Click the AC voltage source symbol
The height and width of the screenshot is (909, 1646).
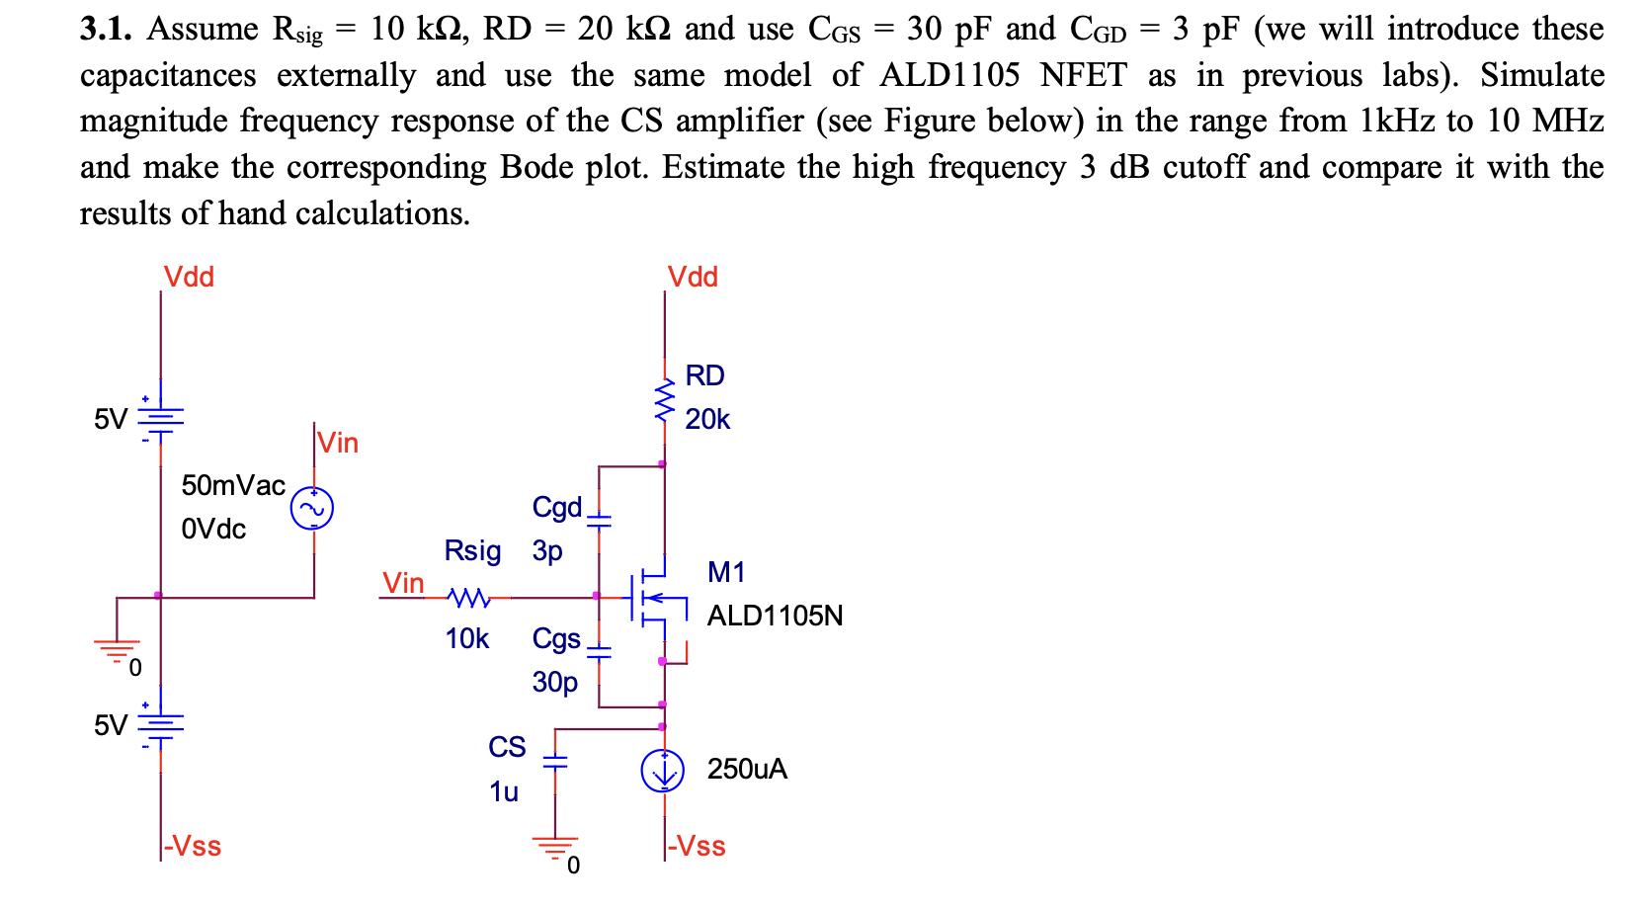click(312, 509)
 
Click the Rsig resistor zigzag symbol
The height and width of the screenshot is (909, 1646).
click(467, 598)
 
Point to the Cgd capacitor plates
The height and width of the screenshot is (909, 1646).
click(599, 520)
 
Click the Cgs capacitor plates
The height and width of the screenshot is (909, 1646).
click(599, 651)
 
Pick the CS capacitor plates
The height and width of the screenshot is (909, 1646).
click(555, 762)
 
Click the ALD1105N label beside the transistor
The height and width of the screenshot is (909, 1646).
click(775, 617)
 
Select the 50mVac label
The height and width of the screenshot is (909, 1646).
click(233, 485)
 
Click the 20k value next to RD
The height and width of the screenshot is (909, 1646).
click(707, 420)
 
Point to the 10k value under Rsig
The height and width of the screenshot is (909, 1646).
click(467, 639)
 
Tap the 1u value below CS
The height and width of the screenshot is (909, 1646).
click(504, 792)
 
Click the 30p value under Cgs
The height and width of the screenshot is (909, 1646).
click(555, 682)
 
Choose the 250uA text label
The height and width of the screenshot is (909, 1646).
click(747, 770)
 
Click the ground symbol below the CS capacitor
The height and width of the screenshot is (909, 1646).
click(555, 846)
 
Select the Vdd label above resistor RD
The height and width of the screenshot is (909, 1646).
click(693, 278)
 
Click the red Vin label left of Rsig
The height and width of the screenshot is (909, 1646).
click(403, 583)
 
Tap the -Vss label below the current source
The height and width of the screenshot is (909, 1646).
click(697, 847)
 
